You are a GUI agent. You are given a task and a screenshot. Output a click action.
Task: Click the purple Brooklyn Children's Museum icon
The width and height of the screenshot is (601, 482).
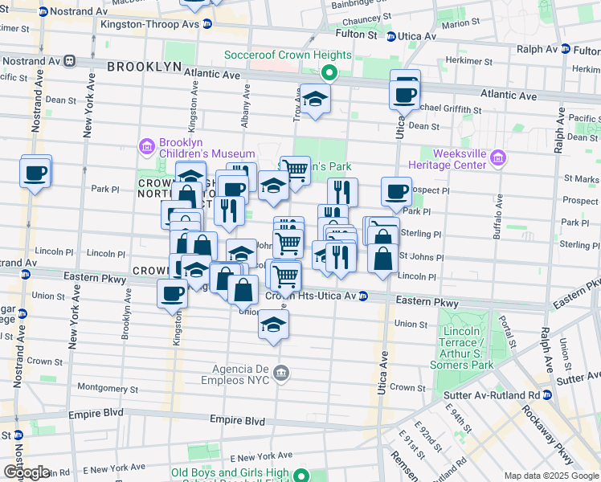pyautogui.click(x=147, y=146)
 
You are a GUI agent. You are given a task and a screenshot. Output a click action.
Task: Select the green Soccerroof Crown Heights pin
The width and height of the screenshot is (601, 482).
pyautogui.click(x=329, y=73)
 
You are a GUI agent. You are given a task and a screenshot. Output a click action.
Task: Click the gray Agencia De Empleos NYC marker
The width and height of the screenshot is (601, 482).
pyautogui.click(x=280, y=371)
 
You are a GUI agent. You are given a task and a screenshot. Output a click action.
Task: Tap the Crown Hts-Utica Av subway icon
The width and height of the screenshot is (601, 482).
pyautogui.click(x=362, y=296)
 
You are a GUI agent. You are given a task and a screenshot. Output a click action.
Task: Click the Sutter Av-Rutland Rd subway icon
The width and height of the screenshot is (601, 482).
pyautogui.click(x=547, y=395)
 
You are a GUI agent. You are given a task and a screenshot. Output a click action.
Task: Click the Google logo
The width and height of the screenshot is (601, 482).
pyautogui.click(x=26, y=472)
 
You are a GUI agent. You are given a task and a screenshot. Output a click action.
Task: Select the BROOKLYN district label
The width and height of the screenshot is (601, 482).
pyautogui.click(x=141, y=67)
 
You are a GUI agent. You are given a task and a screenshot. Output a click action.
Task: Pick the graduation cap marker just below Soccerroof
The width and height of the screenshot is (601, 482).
pyautogui.click(x=314, y=100)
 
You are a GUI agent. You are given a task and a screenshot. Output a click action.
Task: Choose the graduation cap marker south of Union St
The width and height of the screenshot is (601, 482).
pyautogui.click(x=273, y=326)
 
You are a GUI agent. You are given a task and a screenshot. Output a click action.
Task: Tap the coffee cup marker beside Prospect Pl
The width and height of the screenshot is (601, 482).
pyautogui.click(x=396, y=192)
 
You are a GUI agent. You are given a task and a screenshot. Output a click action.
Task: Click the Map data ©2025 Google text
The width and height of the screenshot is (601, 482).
pyautogui.click(x=550, y=476)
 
